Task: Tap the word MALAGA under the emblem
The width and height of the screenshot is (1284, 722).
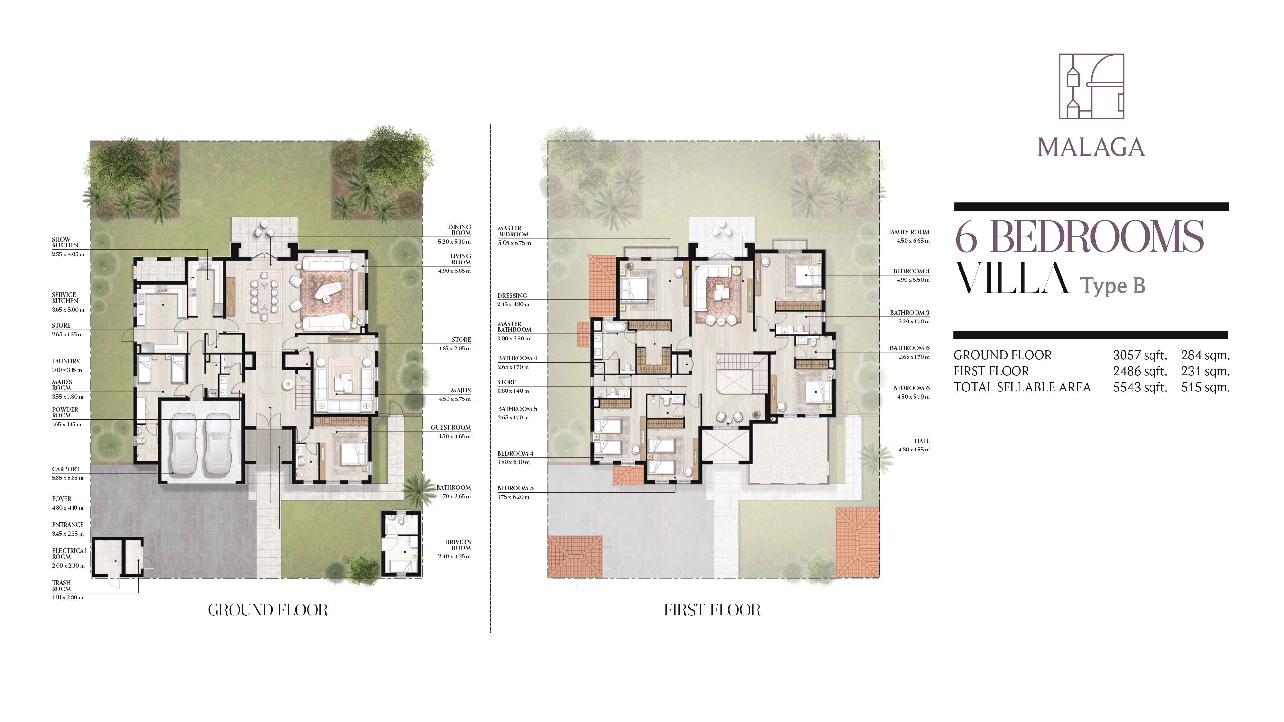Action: [1091, 148]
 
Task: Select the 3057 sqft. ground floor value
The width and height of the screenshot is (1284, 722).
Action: [1140, 355]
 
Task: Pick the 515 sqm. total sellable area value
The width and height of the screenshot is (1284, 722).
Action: [1205, 387]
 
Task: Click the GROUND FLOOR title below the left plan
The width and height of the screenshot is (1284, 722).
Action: [268, 610]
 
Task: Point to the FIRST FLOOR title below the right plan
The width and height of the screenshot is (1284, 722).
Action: [712, 610]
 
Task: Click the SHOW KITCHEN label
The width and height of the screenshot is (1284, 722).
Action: [65, 242]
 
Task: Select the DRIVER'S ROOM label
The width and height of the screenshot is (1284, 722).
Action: [457, 545]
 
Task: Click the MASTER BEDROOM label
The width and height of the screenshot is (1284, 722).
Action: [513, 231]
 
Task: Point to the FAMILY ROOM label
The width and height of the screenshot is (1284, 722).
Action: [908, 232]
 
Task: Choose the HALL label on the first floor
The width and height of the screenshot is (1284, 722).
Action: [922, 441]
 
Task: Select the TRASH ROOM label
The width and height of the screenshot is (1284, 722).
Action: [61, 586]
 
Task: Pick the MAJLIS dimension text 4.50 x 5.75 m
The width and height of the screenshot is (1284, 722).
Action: [455, 399]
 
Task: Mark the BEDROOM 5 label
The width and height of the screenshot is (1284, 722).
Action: [516, 488]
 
